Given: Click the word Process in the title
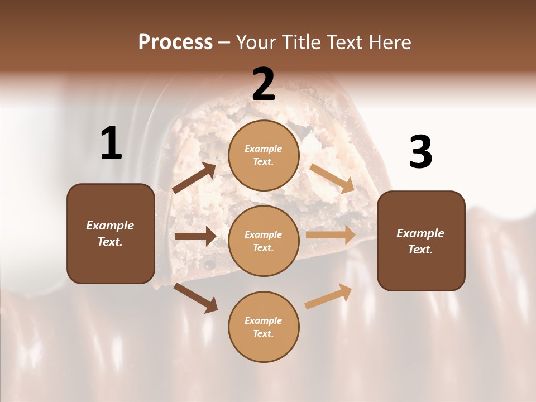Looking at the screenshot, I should coord(175,42).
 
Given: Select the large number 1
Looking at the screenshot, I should coord(111,144).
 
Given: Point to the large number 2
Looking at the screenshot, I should coord(264,84).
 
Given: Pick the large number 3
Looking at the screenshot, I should coord(420,152).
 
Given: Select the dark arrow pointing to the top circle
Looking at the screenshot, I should coord(195,178).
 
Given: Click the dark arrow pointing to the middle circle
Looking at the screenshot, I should coord(195,236).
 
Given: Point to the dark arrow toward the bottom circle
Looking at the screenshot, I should coord(195,298).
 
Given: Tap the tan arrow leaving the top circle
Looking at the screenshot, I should coord(332,178).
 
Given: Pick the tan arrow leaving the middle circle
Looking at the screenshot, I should coord(331,235).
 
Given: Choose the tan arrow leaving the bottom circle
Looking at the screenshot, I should coord(329,296).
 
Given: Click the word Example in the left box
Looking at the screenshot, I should coord(110,226).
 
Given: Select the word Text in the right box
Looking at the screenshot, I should coord(419,250).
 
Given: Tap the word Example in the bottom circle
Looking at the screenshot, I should coord(264,320).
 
